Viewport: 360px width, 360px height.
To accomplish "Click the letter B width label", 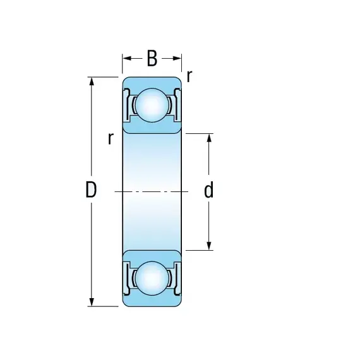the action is click(152, 58).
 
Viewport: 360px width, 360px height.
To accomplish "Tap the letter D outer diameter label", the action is click(91, 189).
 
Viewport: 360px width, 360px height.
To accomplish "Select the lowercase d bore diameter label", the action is click(208, 189).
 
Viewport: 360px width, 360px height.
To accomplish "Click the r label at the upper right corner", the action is click(189, 76).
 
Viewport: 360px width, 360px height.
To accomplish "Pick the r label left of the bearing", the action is click(111, 138).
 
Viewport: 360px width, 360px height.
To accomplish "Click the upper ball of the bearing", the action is click(152, 105).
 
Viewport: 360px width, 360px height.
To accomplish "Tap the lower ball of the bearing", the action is click(152, 279).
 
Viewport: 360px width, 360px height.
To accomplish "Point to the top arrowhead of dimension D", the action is click(92, 81).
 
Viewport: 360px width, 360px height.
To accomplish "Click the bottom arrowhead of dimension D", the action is click(92, 302).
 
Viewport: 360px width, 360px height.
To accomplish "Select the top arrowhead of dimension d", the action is click(209, 138).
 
